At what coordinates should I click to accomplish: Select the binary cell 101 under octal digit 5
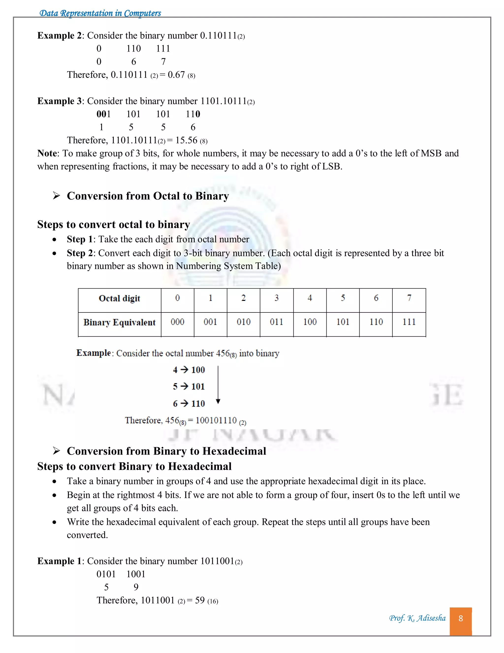pos(343,322)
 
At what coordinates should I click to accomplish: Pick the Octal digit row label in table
pos(119,298)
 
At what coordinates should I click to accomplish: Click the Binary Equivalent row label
pos(119,322)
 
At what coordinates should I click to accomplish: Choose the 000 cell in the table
pos(177,322)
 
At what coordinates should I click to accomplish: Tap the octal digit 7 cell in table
pos(409,298)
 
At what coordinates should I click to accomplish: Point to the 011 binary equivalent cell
pos(276,322)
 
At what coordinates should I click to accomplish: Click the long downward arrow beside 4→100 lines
pos(218,384)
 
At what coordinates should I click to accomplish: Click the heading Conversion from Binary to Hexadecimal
pos(166,451)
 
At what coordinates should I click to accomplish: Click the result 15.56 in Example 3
pos(186,140)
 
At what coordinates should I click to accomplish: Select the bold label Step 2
pos(80,253)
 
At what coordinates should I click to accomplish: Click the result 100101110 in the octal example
pos(216,420)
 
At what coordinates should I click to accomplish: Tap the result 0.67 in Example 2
pos(176,75)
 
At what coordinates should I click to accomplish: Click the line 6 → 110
pos(189,403)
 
